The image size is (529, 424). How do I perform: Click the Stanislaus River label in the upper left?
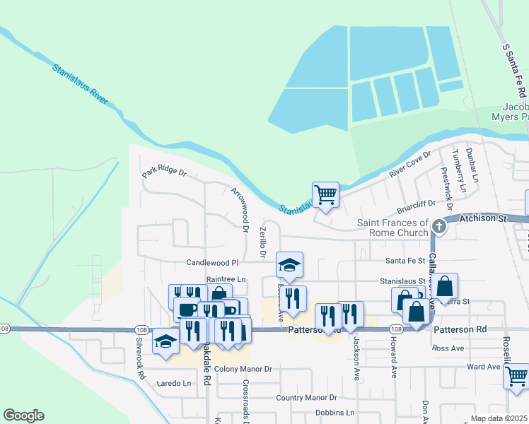point(80,85)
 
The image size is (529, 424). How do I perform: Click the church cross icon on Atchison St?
point(439,226)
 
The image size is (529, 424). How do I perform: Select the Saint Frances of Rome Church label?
point(393,228)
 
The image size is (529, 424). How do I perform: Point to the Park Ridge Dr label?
point(163,172)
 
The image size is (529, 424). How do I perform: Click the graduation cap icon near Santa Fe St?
point(289,265)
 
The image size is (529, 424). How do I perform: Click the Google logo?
point(23,416)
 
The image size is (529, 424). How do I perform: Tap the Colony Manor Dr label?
point(243,369)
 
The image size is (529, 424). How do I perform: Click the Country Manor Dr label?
point(306,398)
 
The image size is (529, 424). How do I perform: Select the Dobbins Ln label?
point(335,413)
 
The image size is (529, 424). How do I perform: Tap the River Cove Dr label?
point(409,164)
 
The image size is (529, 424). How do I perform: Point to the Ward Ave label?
point(484,367)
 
